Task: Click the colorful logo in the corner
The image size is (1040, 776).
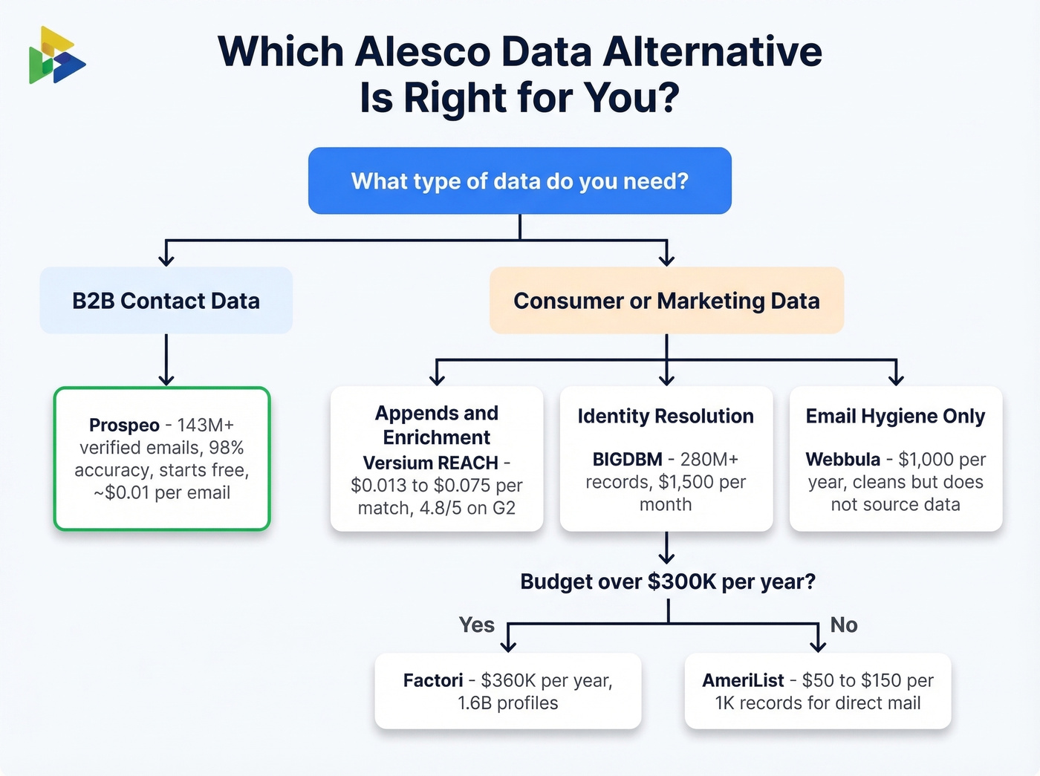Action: pos(56,56)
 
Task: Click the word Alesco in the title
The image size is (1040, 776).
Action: pos(422,52)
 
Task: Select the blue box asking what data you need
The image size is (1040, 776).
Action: pos(520,180)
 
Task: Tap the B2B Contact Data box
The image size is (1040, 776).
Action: pos(166,301)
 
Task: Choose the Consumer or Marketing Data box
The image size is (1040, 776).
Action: pos(666,301)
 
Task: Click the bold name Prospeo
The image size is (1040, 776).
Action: pos(124,425)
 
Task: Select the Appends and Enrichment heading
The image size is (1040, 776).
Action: pos(437,425)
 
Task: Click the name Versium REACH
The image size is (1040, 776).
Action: pos(430,463)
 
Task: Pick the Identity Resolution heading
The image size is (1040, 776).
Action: pos(666,416)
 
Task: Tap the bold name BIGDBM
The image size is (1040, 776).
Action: pos(627,460)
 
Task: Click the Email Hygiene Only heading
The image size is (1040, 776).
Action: pos(895,416)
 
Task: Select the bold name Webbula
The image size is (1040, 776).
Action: pos(842,460)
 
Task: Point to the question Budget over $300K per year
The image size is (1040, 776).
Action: pos(667,581)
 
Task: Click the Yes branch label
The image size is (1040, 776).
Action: pos(476,625)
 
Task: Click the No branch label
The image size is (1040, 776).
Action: pos(844,625)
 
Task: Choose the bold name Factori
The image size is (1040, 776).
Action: pos(433,680)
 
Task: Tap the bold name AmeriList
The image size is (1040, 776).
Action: pos(743,680)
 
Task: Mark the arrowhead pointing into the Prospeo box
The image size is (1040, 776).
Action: pos(166,379)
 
